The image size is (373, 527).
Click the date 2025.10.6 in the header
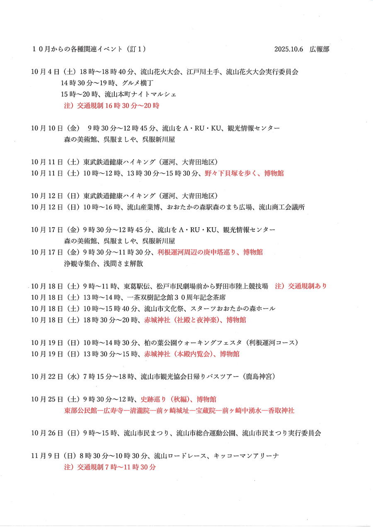[288, 49]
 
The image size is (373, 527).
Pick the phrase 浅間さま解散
[123, 263]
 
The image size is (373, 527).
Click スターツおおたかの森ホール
[233, 308]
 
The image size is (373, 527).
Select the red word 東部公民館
[79, 410]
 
